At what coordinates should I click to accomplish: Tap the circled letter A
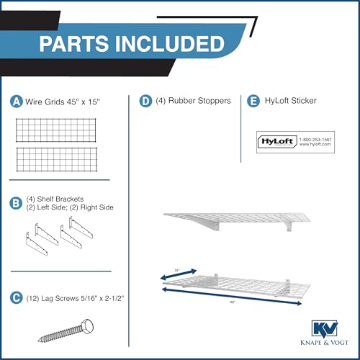(16, 102)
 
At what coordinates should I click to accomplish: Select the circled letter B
(16, 202)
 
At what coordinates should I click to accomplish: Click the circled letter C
(16, 296)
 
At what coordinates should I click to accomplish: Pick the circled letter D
(146, 102)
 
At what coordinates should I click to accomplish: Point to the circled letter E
(252, 102)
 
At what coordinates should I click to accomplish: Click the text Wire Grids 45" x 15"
(63, 102)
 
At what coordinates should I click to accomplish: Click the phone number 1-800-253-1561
(312, 138)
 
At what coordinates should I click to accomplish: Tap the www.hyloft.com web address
(312, 145)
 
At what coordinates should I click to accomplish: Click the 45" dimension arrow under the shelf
(230, 297)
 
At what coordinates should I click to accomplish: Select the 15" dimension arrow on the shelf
(178, 274)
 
